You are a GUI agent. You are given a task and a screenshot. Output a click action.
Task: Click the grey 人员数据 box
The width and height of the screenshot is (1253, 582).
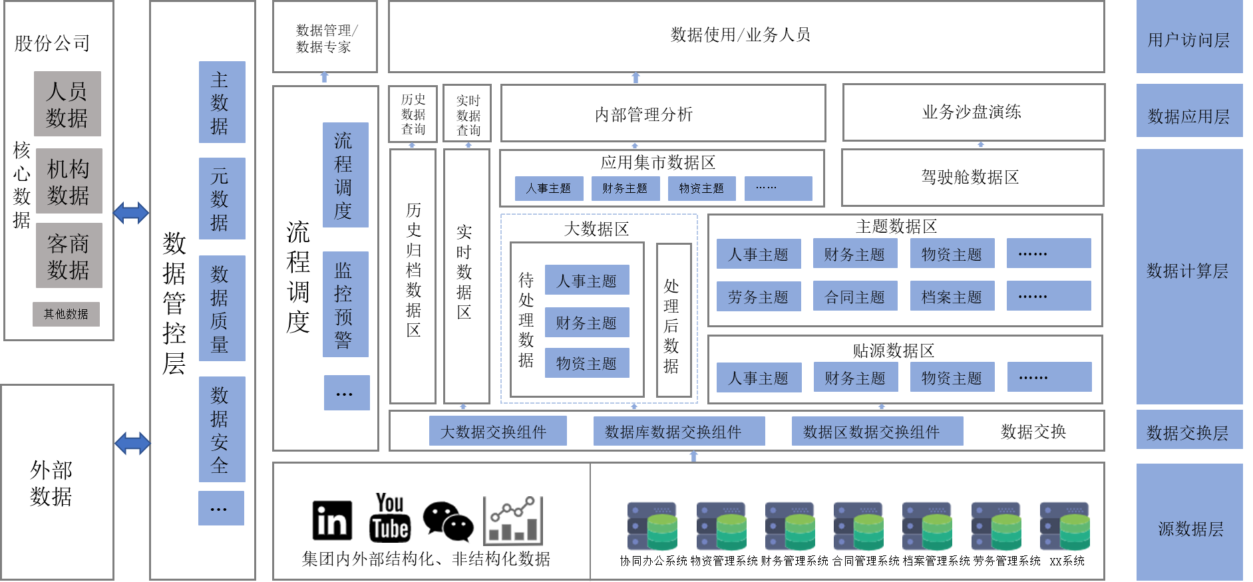67,104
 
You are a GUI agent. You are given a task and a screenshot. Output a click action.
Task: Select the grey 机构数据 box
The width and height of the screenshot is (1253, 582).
69,181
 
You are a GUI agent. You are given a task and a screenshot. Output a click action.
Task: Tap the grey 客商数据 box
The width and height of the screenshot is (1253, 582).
69,255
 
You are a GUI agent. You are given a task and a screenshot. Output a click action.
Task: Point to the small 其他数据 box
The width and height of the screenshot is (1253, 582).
66,314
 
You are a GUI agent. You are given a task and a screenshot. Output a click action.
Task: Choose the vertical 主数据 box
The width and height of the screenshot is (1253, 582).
222,102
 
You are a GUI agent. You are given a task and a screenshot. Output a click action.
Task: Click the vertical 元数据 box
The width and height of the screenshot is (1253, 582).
222,198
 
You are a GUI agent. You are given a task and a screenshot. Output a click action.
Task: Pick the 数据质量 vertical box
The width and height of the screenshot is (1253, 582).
222,308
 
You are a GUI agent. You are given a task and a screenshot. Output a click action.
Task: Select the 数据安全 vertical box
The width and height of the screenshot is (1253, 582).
222,429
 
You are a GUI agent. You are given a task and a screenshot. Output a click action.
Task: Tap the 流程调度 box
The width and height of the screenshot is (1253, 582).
345,175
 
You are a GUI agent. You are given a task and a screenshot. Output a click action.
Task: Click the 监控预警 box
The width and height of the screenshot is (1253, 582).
345,304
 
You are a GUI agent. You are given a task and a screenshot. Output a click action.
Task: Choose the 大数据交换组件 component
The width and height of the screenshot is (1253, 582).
497,431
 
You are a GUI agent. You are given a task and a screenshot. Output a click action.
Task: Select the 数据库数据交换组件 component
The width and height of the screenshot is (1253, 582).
679,431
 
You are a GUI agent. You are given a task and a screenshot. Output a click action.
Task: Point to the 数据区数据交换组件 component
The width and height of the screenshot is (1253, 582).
877,431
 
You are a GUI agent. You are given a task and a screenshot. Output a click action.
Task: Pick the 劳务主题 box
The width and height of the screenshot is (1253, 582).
759,296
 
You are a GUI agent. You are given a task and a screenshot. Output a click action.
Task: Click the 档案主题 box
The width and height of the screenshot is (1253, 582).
952,296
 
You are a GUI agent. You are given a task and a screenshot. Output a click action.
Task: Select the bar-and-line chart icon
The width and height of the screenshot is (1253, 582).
513,521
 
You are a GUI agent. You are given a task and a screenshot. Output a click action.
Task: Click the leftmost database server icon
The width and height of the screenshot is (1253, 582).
652,526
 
